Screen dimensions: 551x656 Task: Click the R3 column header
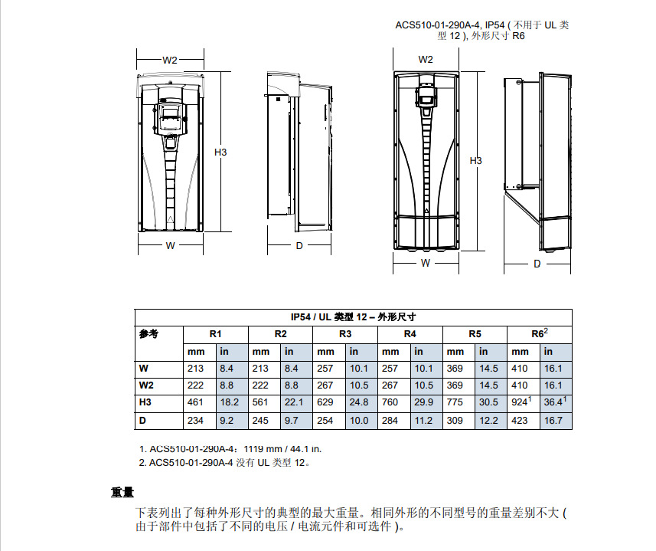(345, 334)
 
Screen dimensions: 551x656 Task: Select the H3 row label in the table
(145, 402)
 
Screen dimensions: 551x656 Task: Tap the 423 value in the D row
(520, 420)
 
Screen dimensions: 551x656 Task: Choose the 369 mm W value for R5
(455, 368)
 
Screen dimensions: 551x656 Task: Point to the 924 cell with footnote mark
(521, 402)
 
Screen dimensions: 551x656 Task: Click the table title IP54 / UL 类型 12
(353, 316)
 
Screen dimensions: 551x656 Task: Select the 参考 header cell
(148, 334)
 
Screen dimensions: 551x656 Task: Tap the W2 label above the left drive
(170, 60)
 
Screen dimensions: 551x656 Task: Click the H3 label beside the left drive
(220, 152)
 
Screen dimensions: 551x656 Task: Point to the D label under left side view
(299, 245)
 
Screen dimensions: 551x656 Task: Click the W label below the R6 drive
(426, 262)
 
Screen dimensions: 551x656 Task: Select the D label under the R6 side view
(537, 263)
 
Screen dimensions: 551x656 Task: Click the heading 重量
(122, 493)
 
